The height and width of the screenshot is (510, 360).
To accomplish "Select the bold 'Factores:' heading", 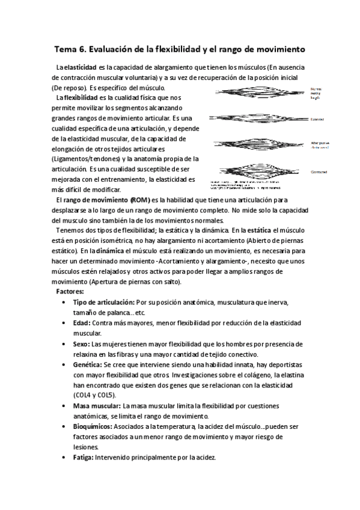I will click(70, 291).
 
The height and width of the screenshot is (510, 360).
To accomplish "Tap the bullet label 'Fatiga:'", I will click(85, 457).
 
